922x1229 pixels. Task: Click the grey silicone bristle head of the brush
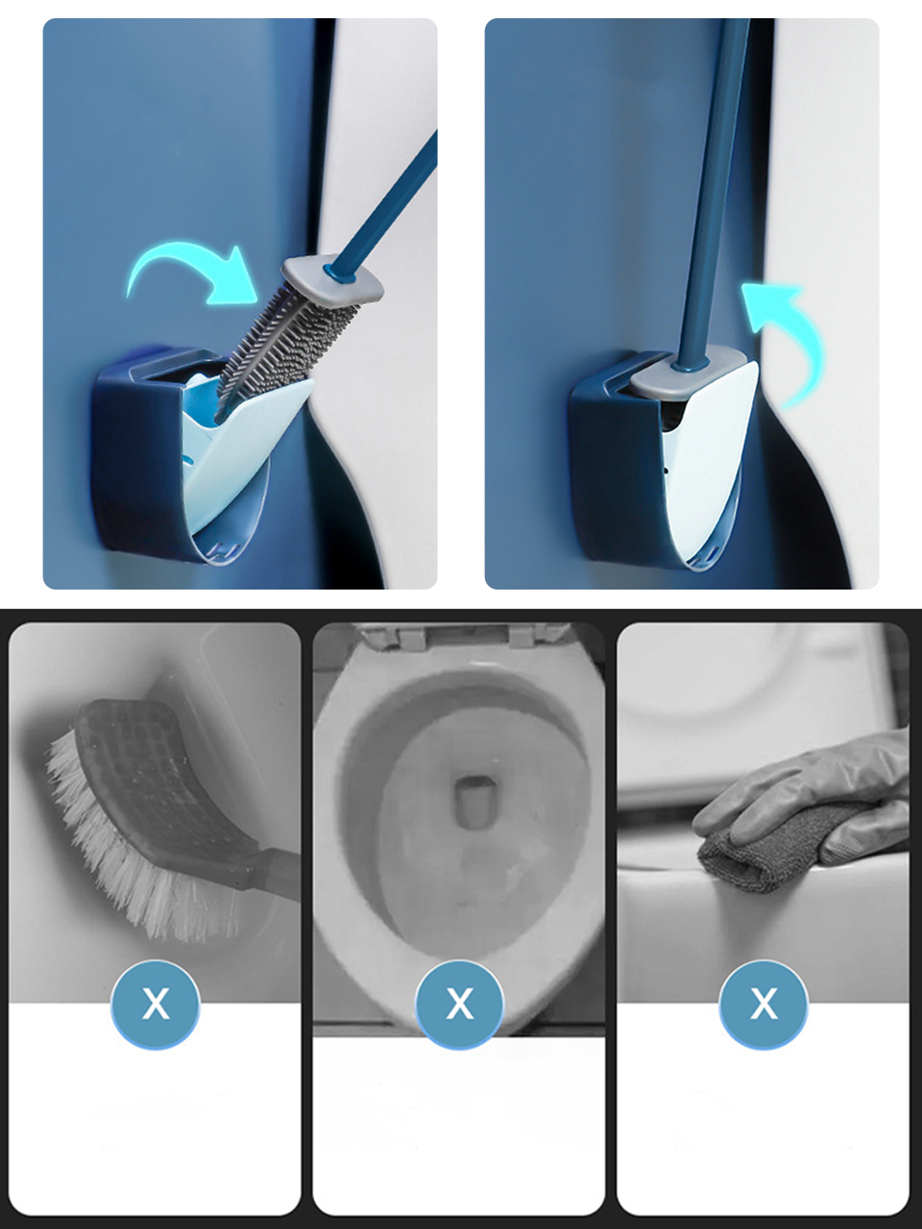tap(285, 352)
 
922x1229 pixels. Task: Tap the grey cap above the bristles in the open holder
tap(333, 278)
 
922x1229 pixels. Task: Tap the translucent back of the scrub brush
tap(168, 783)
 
